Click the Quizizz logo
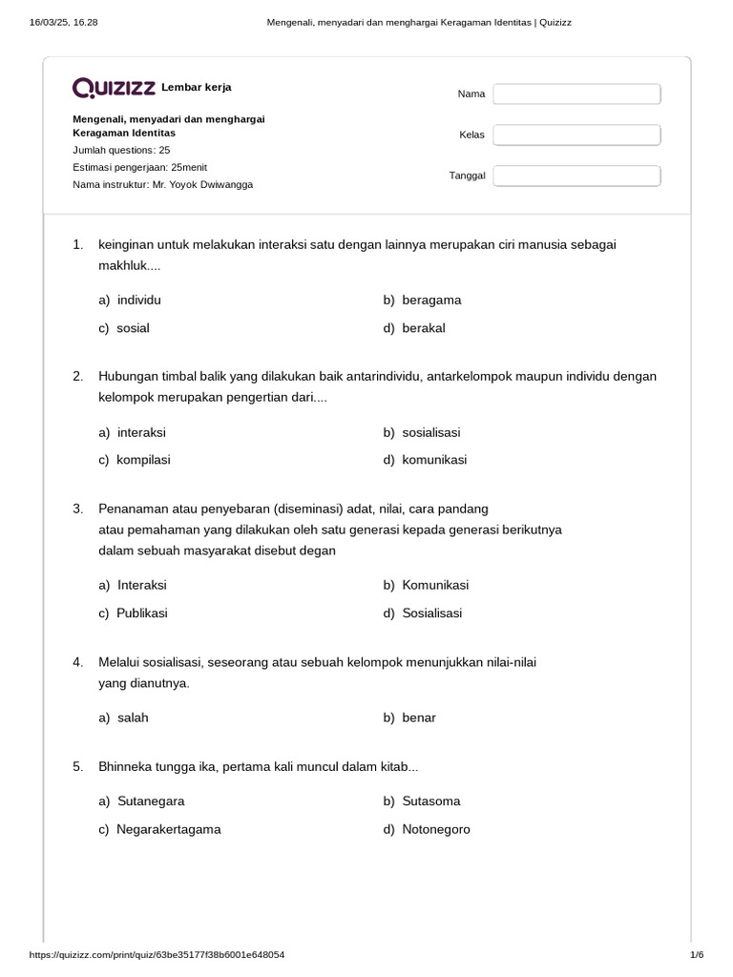(115, 88)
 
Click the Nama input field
(576, 94)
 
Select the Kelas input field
(576, 135)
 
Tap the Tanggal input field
(576, 176)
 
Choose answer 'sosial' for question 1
(133, 328)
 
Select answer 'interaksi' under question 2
(141, 432)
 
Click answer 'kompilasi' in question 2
(143, 460)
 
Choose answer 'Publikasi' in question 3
(141, 613)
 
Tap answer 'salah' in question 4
(133, 717)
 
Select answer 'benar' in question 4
(418, 717)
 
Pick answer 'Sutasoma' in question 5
(430, 801)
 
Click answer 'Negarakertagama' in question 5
(168, 829)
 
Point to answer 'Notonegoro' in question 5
(436, 829)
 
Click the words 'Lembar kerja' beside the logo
(197, 88)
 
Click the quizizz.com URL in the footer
(157, 955)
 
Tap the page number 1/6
(696, 955)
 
